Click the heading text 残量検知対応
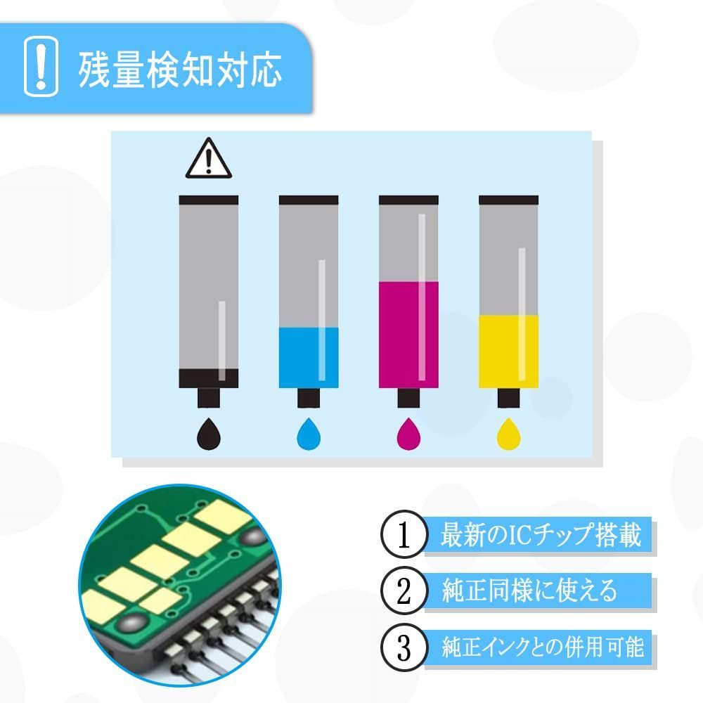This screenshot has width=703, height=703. click(180, 68)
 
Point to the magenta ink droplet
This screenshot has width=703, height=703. click(408, 433)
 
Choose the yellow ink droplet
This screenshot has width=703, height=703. click(508, 433)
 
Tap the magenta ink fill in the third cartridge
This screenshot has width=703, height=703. click(408, 334)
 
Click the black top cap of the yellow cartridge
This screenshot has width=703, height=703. click(508, 200)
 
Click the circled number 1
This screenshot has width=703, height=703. click(403, 536)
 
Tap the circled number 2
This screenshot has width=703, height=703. click(403, 591)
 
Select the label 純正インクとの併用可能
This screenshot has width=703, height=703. click(542, 645)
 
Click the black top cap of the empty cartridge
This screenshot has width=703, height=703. click(209, 200)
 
